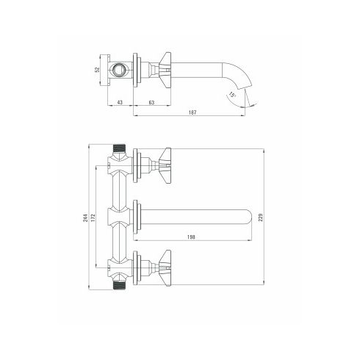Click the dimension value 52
click(x=97, y=70)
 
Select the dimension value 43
click(x=120, y=102)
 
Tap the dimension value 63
click(x=151, y=102)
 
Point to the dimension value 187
click(x=192, y=112)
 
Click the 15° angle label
click(x=232, y=95)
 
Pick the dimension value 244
click(x=85, y=218)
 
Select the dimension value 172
click(x=93, y=218)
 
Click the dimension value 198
click(x=191, y=237)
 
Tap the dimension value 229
click(x=261, y=217)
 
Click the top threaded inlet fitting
click(x=119, y=148)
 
